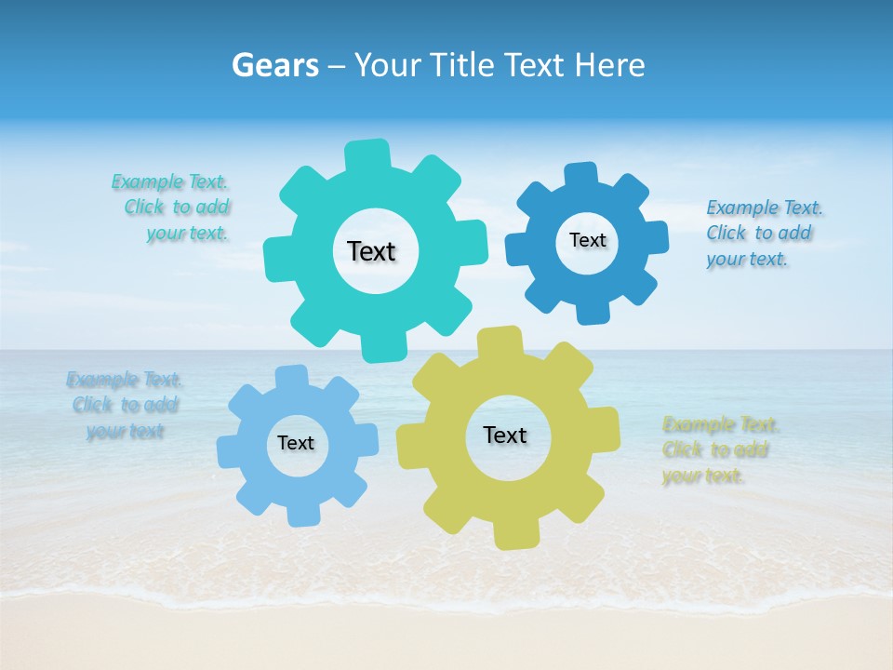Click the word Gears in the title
tap(275, 65)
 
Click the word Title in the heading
tap(464, 65)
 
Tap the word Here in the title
tap(610, 65)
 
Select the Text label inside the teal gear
tap(371, 251)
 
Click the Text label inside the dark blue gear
tap(587, 240)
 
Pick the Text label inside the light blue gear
tap(296, 443)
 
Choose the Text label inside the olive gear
tap(505, 435)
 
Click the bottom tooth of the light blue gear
tap(303, 514)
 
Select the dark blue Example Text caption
tap(764, 234)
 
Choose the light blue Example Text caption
tap(125, 406)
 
